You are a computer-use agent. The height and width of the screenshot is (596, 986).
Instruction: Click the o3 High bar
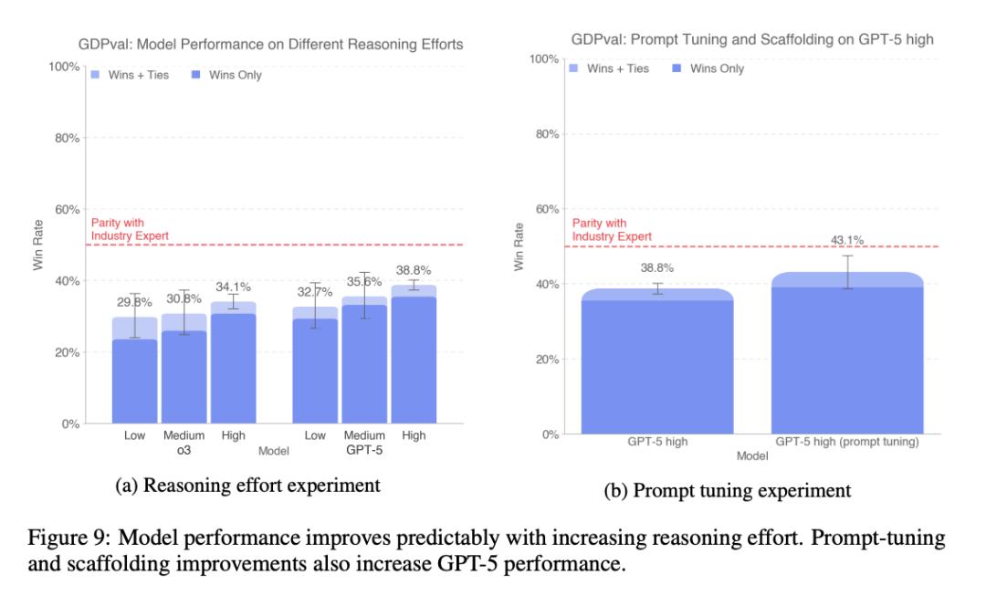click(233, 365)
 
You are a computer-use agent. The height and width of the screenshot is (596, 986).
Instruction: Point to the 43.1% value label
click(847, 240)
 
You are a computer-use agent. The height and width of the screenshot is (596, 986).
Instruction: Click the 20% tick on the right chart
click(546, 359)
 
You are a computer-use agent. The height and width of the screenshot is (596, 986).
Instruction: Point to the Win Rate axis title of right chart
click(519, 246)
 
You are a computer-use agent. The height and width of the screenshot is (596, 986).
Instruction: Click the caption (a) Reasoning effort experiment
click(247, 486)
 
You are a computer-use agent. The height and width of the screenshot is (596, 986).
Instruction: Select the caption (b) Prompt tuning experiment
click(728, 491)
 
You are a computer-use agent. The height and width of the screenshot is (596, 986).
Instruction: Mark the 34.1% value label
click(233, 286)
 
